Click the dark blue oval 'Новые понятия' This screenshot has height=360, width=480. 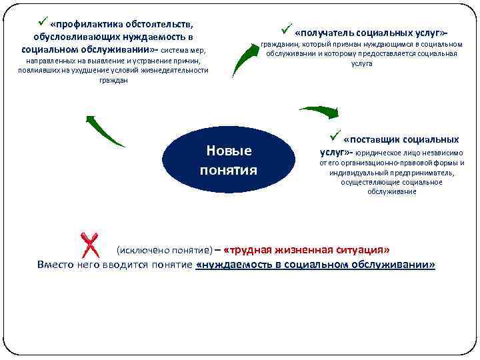tap(229, 159)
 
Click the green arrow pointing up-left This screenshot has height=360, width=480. tap(103, 130)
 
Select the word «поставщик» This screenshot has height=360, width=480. tap(374, 140)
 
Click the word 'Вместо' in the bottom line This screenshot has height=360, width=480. tap(55, 265)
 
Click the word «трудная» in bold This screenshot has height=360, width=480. tap(251, 250)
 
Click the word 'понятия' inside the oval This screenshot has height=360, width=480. tap(229, 170)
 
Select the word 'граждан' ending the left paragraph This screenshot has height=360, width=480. tap(112, 80)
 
